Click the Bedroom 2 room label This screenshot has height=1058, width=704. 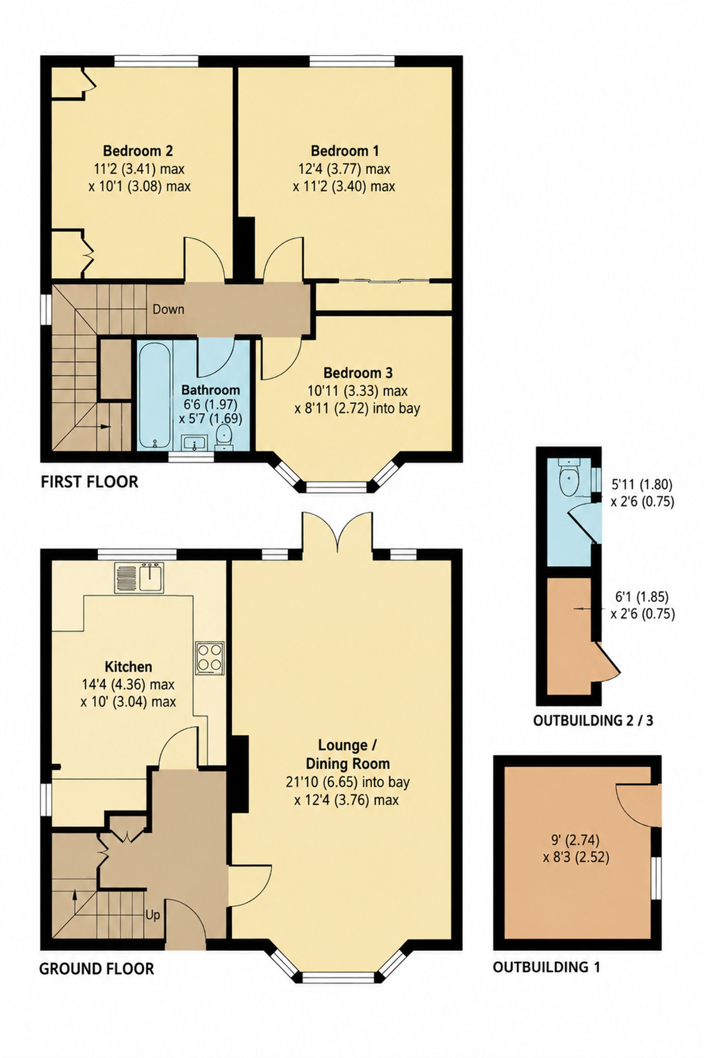pyautogui.click(x=138, y=150)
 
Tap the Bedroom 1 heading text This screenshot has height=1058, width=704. pyautogui.click(x=345, y=150)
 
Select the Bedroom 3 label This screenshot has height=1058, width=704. pyautogui.click(x=358, y=373)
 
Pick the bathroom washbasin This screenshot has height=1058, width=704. pyautogui.click(x=194, y=442)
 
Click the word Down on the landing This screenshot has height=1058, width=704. pyautogui.click(x=168, y=309)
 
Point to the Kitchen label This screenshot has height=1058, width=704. pyautogui.click(x=128, y=666)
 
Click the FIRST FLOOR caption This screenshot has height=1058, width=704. pyautogui.click(x=89, y=482)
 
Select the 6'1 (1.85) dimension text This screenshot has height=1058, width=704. pyautogui.click(x=642, y=597)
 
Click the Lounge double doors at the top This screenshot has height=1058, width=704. pyautogui.click(x=337, y=534)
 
